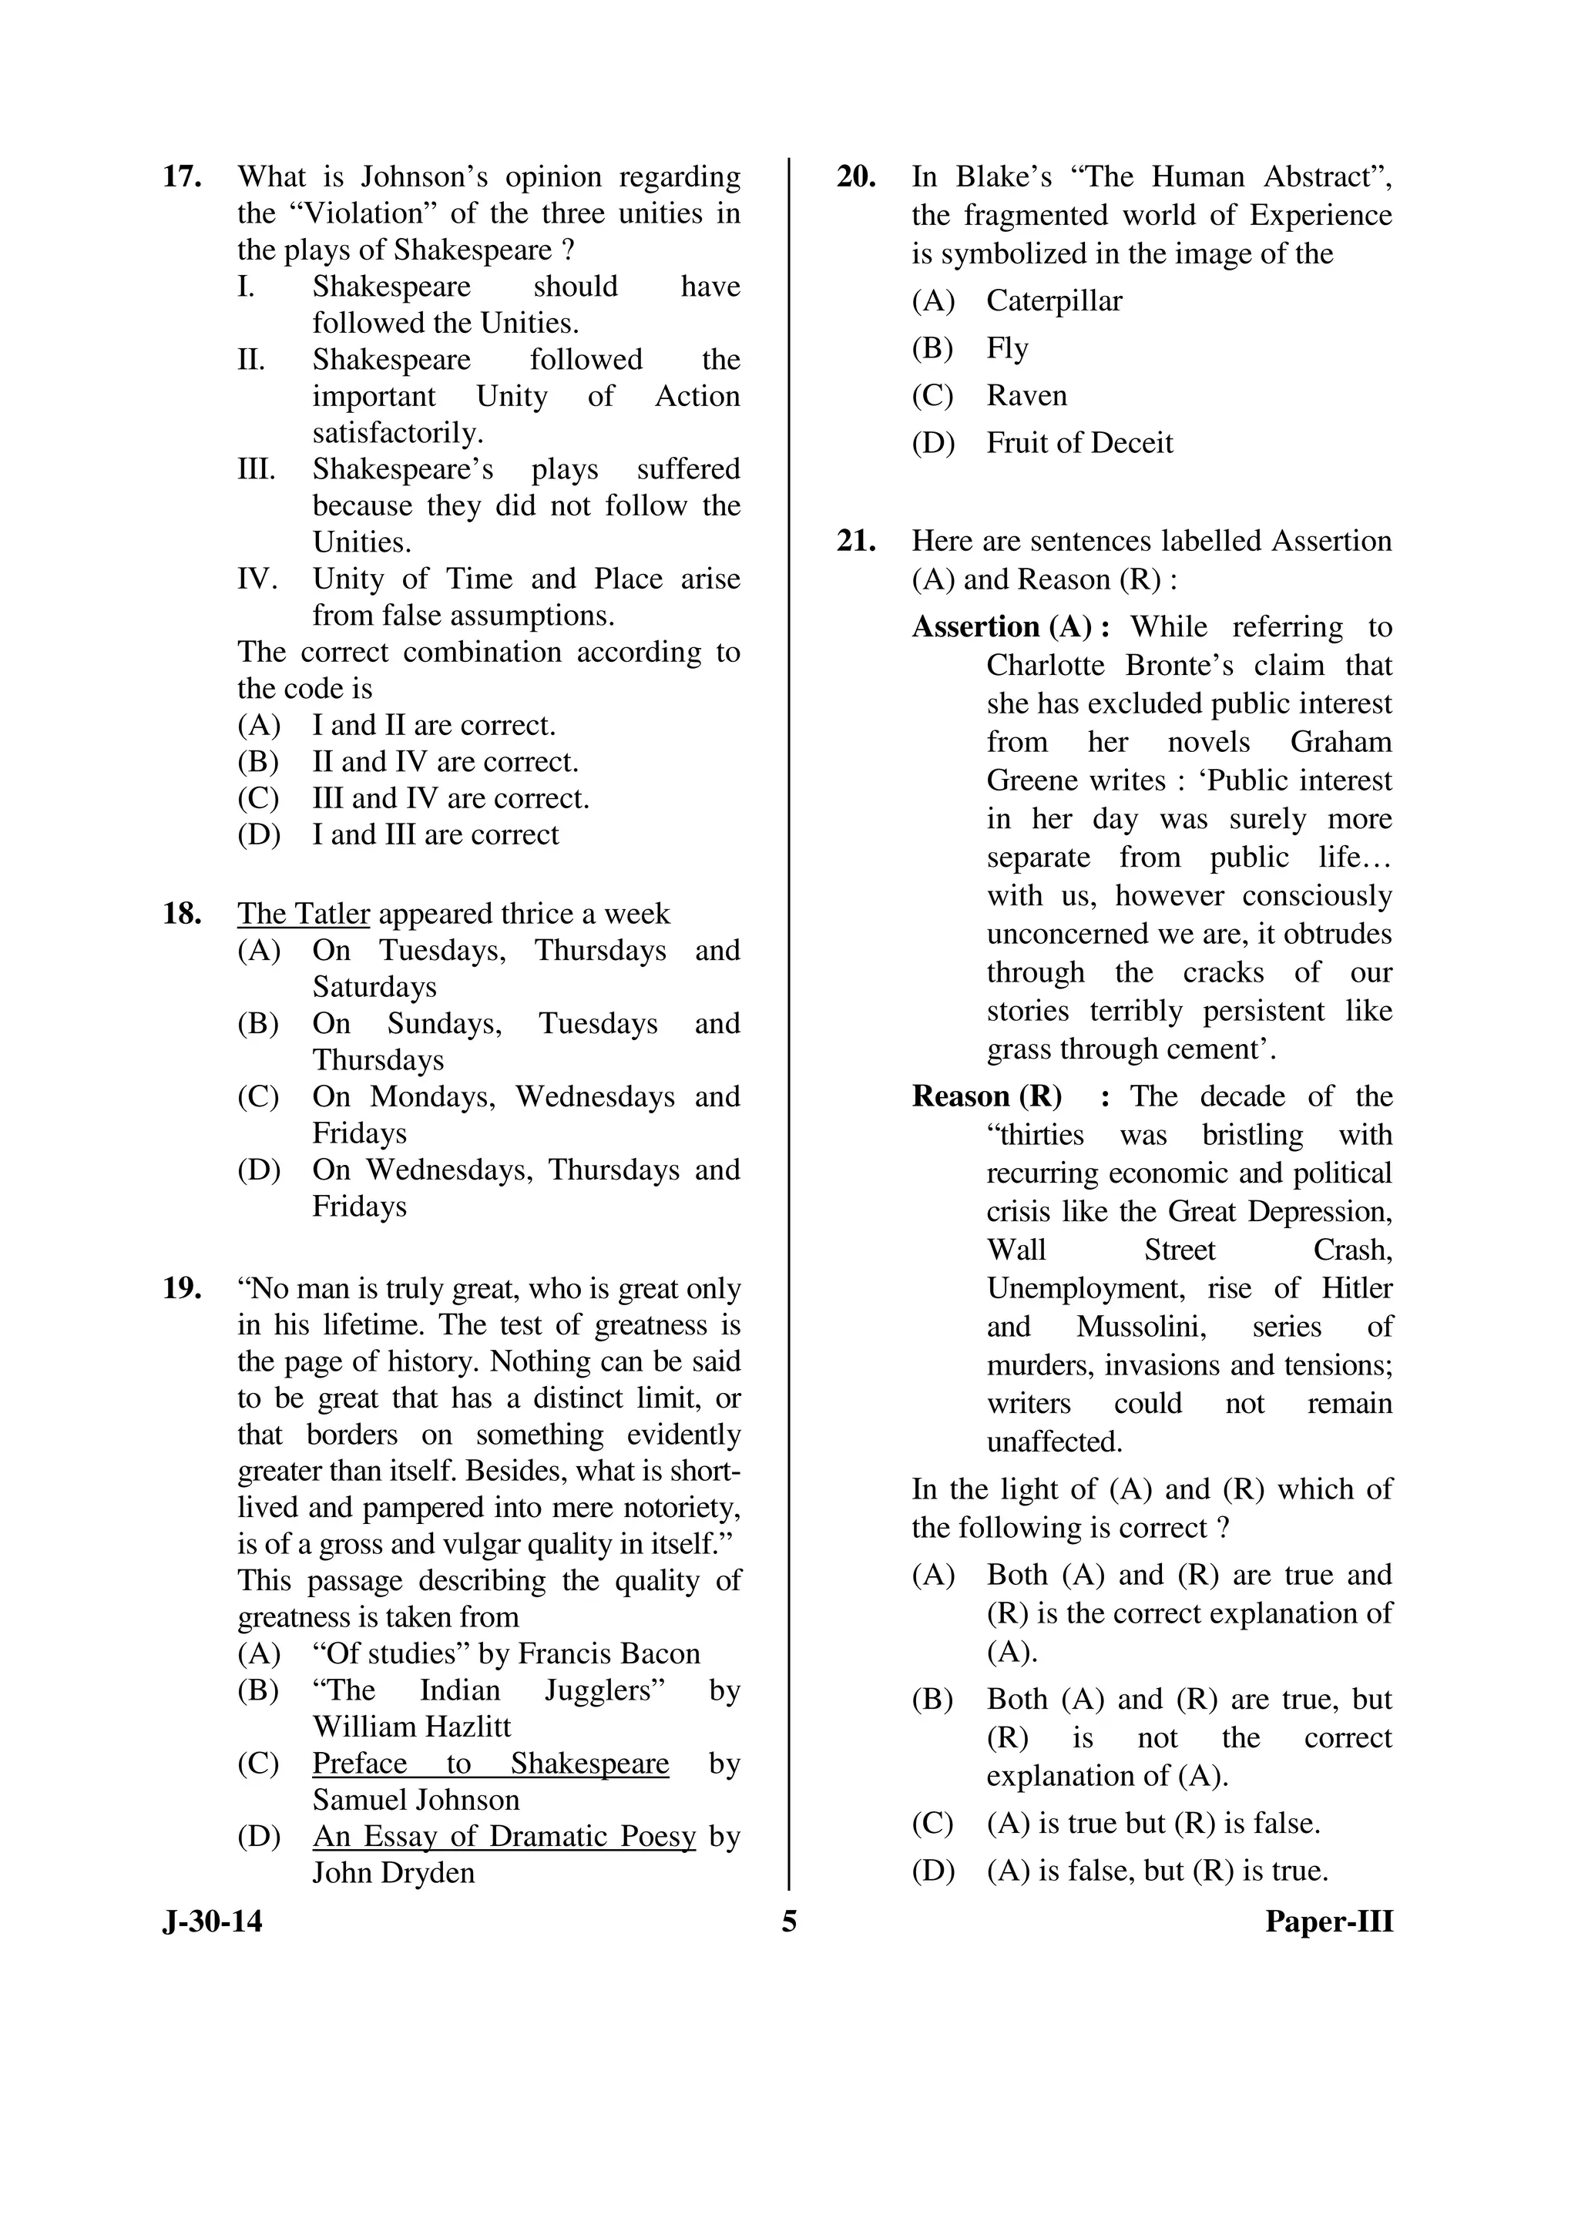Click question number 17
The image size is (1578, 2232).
tap(182, 177)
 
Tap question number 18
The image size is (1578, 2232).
tap(182, 914)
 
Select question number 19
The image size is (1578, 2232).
tap(182, 1289)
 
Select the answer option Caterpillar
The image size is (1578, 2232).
tap(1054, 300)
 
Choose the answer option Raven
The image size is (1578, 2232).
tap(1027, 396)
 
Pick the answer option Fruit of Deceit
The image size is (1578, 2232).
tap(1079, 443)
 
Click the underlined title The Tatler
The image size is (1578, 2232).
tap(304, 914)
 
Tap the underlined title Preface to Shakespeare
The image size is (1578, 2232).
tap(490, 1764)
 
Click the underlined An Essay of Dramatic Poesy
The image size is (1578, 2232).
tap(504, 1836)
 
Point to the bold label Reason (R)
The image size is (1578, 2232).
tap(986, 1096)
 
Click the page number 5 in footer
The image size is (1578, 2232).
tap(788, 1922)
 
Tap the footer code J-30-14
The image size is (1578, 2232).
tap(212, 1922)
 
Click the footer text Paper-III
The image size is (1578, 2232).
tap(1328, 1922)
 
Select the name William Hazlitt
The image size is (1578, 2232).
tap(411, 1727)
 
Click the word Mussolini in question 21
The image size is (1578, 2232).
tap(1136, 1327)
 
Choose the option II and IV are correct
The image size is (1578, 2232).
tap(445, 762)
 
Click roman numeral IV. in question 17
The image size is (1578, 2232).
tap(257, 579)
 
